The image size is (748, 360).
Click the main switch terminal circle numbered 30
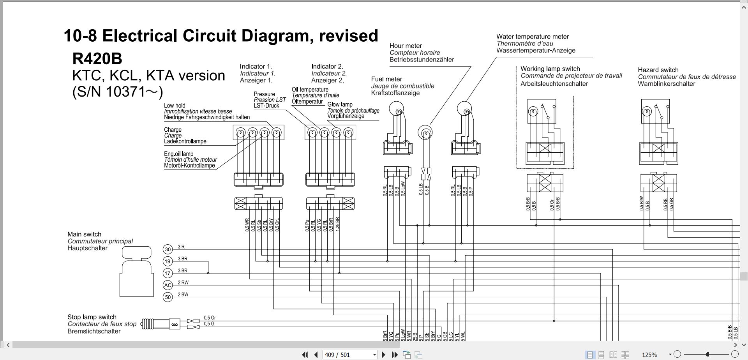tap(168, 249)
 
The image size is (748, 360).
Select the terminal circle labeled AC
tap(168, 285)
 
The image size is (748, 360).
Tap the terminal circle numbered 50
tap(168, 297)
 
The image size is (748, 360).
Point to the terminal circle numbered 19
tap(168, 261)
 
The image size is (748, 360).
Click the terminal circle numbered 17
tap(168, 273)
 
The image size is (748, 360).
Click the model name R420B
tap(97, 59)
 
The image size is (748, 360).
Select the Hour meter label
tap(406, 46)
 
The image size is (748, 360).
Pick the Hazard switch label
tap(658, 70)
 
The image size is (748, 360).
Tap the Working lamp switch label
tap(550, 69)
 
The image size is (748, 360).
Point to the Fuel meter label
tap(386, 79)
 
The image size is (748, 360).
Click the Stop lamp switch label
tap(92, 317)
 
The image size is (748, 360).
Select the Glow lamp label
tap(340, 104)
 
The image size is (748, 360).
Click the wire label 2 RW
tap(183, 282)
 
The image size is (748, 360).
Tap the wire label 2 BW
tap(183, 295)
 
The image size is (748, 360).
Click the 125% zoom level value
tap(649, 355)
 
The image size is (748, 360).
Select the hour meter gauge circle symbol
tap(425, 133)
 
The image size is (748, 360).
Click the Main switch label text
tap(84, 235)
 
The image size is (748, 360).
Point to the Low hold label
tap(175, 106)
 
